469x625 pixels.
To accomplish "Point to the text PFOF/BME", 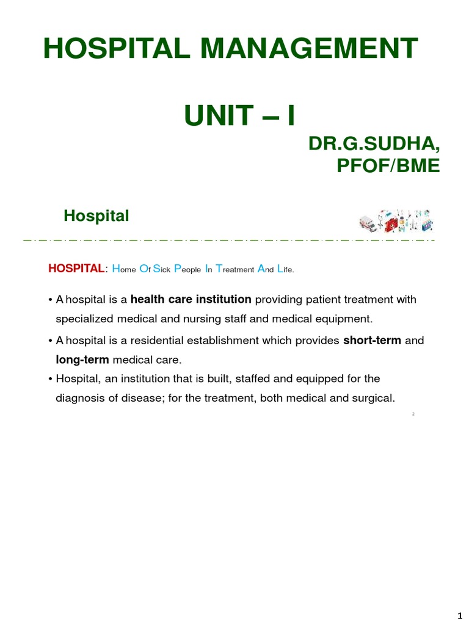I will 388,165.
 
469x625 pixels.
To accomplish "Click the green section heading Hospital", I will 96,216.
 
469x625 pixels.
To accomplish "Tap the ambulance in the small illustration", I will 368,223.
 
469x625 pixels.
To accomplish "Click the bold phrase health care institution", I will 191,299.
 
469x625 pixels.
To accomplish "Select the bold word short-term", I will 372,340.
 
